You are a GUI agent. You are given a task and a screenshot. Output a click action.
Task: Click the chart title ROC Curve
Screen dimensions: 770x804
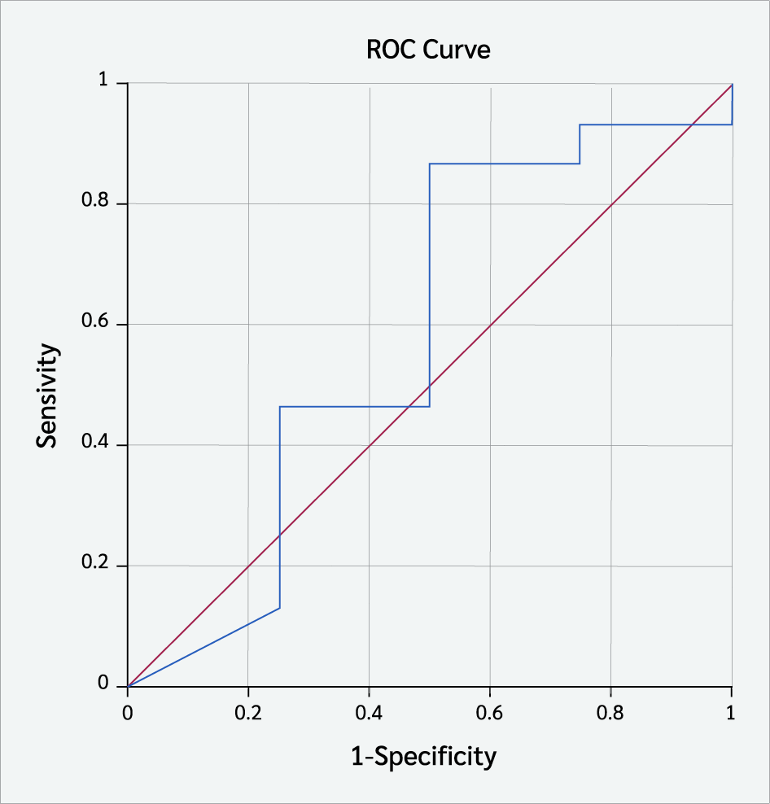click(428, 50)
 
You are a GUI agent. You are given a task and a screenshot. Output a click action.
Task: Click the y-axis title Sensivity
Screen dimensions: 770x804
click(46, 395)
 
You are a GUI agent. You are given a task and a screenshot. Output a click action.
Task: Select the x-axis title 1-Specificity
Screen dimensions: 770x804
click(424, 756)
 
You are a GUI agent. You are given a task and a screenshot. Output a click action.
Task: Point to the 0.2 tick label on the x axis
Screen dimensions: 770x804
click(248, 713)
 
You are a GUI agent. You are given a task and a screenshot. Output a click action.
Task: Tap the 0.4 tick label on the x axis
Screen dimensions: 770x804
click(369, 713)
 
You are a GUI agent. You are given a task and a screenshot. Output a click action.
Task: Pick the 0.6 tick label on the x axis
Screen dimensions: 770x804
click(489, 713)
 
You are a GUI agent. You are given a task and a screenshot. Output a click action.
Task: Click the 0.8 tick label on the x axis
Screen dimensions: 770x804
click(610, 713)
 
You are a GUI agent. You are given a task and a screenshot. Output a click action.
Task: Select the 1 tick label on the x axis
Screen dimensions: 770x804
click(730, 713)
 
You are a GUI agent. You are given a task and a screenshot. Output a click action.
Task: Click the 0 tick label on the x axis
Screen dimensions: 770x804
click(128, 713)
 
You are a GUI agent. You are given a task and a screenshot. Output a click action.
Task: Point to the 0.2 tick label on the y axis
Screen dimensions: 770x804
click(95, 562)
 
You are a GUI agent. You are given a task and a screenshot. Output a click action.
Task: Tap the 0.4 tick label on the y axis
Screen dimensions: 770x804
click(95, 442)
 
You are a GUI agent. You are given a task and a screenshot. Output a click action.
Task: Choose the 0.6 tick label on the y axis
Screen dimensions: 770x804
click(95, 321)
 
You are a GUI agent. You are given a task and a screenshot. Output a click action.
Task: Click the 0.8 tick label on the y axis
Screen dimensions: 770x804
click(95, 200)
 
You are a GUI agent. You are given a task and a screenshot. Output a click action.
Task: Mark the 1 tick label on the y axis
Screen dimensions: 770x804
click(104, 80)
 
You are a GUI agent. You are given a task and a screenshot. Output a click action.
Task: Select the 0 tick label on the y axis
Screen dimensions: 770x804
click(103, 683)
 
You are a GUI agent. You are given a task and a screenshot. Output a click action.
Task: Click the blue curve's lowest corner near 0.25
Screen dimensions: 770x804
click(279, 608)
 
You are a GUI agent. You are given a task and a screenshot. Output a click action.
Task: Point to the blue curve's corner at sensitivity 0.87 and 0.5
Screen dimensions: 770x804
click(430, 164)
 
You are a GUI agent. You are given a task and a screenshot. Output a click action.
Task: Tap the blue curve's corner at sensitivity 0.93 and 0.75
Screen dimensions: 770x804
click(580, 125)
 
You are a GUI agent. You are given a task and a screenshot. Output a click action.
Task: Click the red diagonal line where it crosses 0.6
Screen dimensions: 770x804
click(490, 325)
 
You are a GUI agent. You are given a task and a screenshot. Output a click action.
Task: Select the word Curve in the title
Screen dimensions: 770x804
click(457, 50)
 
